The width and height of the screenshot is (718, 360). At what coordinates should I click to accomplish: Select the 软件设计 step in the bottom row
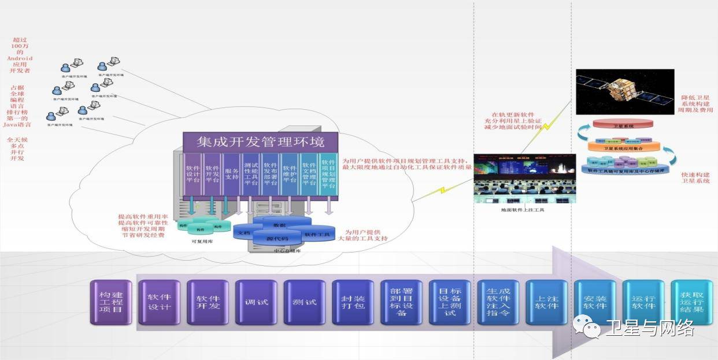tap(160, 302)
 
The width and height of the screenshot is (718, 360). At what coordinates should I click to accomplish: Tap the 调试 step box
tap(256, 302)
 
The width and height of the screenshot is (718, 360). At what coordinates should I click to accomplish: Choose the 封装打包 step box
tap(353, 302)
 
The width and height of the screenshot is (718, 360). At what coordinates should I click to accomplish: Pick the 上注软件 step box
tap(547, 302)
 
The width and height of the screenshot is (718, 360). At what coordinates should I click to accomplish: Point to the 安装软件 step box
tap(595, 302)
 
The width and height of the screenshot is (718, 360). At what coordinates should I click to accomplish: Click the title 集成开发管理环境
tap(260, 142)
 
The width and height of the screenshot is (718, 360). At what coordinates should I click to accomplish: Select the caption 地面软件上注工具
tap(523, 210)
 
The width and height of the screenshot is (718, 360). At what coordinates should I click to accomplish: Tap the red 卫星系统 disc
tap(623, 126)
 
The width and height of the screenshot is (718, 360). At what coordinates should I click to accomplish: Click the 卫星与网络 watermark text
tap(649, 329)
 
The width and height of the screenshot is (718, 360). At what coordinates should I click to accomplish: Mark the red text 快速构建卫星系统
tap(697, 178)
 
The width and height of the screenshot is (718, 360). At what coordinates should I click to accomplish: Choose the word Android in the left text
tap(20, 58)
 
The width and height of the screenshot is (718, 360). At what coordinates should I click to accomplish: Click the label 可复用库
tap(202, 242)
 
